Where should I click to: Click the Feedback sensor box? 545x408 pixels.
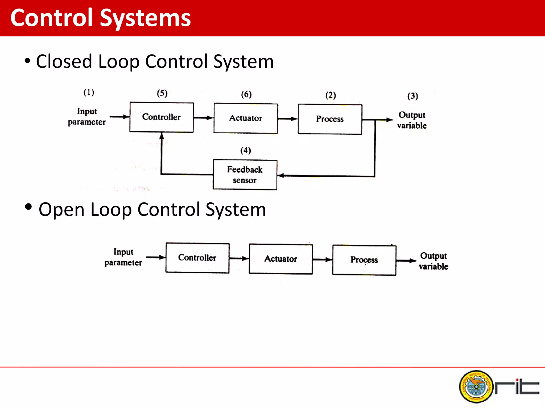click(245, 175)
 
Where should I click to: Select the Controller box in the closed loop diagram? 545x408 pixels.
click(162, 117)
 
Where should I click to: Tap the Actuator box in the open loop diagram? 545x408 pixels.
click(281, 259)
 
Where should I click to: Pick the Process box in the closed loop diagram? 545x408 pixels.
click(330, 119)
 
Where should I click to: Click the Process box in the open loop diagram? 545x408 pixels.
click(364, 260)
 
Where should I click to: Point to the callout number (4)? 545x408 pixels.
click(246, 151)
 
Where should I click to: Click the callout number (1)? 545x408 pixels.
click(89, 92)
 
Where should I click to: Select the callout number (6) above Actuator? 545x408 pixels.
click(246, 94)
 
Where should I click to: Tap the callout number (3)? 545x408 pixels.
click(412, 96)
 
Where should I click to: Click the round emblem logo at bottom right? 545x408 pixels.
click(476, 386)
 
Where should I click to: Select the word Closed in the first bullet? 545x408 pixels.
click(64, 62)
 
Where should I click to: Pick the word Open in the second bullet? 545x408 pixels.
click(61, 210)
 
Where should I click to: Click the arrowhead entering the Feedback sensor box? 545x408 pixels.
click(281, 176)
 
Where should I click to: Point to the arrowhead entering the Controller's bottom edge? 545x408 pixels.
click(162, 136)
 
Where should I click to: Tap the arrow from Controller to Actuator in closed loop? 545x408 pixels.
click(204, 118)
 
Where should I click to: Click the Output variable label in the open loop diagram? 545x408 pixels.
click(433, 261)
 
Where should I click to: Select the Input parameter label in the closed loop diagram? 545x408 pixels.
click(87, 117)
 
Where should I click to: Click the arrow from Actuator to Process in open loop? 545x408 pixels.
click(322, 260)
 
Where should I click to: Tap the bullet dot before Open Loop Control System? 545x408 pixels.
click(28, 207)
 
